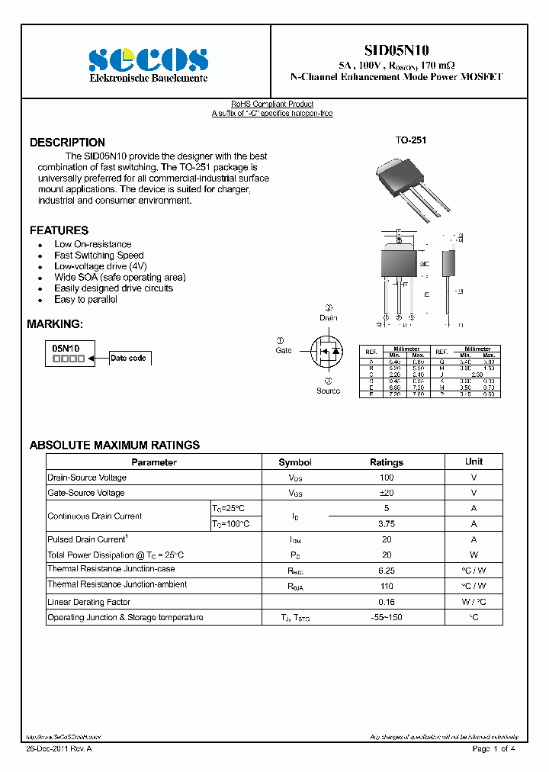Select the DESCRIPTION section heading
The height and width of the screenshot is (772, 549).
pyautogui.click(x=67, y=143)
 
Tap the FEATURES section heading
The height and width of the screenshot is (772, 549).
pyautogui.click(x=59, y=230)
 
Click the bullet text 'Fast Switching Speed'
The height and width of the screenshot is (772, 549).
pyautogui.click(x=98, y=256)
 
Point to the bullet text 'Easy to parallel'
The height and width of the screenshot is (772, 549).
pyautogui.click(x=85, y=300)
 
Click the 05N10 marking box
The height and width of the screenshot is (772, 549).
pyautogui.click(x=69, y=352)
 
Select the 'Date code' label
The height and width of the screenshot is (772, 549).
pyautogui.click(x=128, y=358)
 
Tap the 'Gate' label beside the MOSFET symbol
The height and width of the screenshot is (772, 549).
pyautogui.click(x=283, y=350)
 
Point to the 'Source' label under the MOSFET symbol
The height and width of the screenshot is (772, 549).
pyautogui.click(x=328, y=391)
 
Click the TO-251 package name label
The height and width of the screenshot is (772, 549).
pyautogui.click(x=410, y=141)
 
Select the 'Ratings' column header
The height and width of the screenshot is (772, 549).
pyautogui.click(x=387, y=462)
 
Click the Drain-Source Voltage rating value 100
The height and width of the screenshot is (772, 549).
pyautogui.click(x=387, y=478)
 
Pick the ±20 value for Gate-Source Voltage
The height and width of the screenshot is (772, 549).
pyautogui.click(x=387, y=493)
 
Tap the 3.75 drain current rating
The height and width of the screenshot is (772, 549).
pyautogui.click(x=387, y=524)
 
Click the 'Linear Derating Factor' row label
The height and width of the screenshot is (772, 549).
pyautogui.click(x=90, y=602)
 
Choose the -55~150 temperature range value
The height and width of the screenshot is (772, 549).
pyautogui.click(x=387, y=617)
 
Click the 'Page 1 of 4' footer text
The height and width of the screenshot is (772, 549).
pyautogui.click(x=493, y=749)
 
